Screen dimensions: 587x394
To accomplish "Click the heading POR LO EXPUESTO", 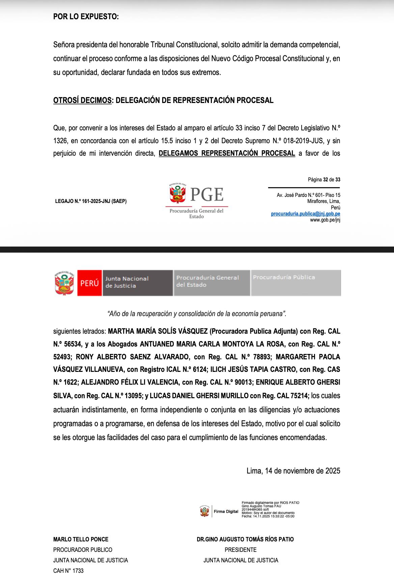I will click(86, 17).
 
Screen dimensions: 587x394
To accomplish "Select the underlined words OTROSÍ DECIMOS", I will click(82, 100).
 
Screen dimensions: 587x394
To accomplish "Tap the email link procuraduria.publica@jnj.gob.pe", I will click(305, 214).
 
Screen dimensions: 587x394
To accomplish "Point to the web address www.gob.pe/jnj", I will click(325, 220).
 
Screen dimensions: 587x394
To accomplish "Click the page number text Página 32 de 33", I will click(324, 180).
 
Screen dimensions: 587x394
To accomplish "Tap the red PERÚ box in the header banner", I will click(89, 283).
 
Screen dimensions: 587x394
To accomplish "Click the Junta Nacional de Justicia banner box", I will click(138, 283).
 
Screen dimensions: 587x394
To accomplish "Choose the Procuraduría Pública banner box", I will click(295, 283).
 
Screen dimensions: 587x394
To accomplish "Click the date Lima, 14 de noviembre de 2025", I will click(293, 470).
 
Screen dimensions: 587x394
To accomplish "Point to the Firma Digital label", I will click(226, 512).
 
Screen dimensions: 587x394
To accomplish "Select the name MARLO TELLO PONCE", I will click(81, 539).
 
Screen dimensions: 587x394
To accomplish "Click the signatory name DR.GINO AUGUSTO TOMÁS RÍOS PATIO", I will click(245, 539).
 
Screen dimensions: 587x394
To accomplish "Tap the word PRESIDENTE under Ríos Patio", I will click(241, 550).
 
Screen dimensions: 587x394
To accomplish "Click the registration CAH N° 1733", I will click(68, 571).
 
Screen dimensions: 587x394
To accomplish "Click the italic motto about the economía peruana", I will click(197, 314).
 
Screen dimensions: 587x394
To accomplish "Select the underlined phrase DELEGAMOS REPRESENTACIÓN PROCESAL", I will click(227, 153).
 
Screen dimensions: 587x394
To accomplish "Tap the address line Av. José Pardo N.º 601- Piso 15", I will click(308, 195).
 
